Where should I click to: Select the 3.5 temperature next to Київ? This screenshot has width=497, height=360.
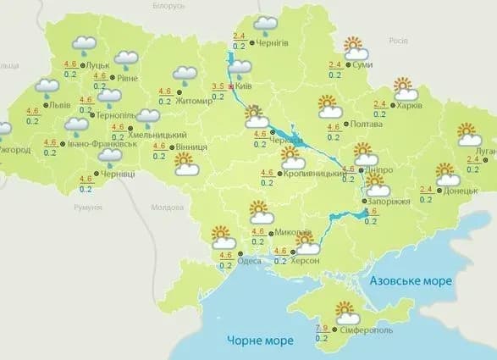pos(218,86)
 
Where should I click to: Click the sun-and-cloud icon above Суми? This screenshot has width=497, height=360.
pos(355,47)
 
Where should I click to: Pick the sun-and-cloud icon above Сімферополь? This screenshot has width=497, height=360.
pos(346,311)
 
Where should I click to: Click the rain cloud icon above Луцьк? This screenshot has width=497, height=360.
pos(84,44)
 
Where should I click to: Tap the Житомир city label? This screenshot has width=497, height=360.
pos(196,101)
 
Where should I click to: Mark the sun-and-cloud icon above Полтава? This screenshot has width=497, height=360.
pos(329,107)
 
